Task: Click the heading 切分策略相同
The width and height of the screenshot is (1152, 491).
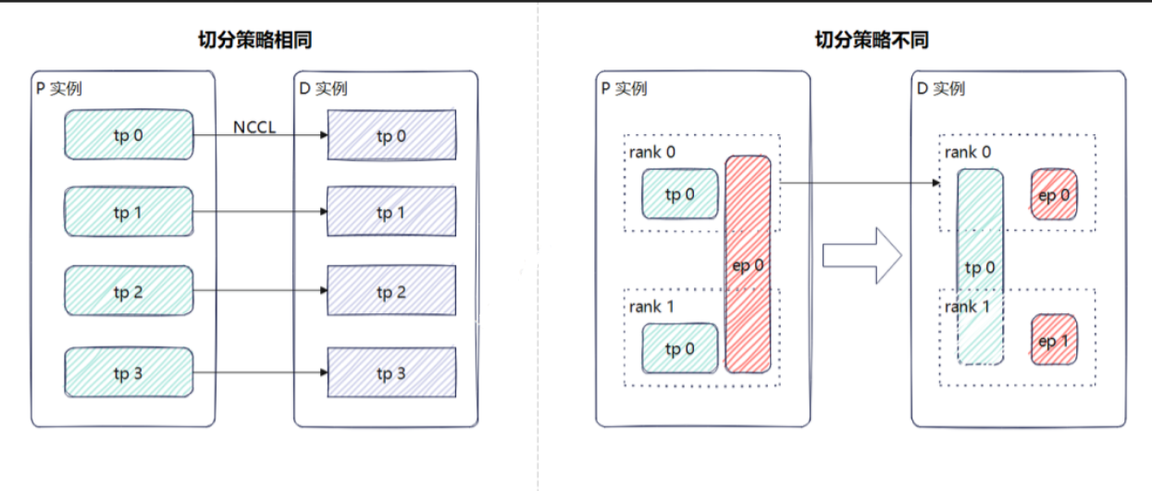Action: pyautogui.click(x=255, y=40)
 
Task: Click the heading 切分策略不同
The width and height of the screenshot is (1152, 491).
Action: pyautogui.click(x=873, y=40)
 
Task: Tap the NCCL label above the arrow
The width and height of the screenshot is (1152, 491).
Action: pyautogui.click(x=254, y=127)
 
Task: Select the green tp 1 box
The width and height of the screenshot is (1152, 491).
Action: pyautogui.click(x=130, y=211)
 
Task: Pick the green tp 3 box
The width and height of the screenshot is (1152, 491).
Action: pyautogui.click(x=130, y=372)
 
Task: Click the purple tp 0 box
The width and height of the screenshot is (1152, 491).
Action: pyautogui.click(x=392, y=135)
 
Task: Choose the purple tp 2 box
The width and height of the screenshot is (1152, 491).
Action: pyautogui.click(x=392, y=290)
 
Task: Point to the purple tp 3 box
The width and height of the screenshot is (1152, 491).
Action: pyautogui.click(x=392, y=372)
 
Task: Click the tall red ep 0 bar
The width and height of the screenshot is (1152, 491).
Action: pyautogui.click(x=748, y=264)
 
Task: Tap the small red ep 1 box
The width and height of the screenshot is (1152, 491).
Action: pyautogui.click(x=1054, y=340)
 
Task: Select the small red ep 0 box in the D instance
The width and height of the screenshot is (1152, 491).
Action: pyautogui.click(x=1054, y=195)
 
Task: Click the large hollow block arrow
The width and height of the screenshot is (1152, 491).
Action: pyautogui.click(x=862, y=256)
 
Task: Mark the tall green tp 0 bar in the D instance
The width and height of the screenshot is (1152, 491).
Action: pyautogui.click(x=980, y=267)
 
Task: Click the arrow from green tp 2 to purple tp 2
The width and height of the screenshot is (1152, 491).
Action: pyautogui.click(x=261, y=290)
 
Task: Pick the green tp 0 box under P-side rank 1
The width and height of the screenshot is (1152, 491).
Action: pyautogui.click(x=680, y=348)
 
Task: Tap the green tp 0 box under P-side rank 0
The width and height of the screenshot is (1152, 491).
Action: pyautogui.click(x=680, y=194)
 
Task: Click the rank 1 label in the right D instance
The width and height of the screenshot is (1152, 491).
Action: pyautogui.click(x=967, y=307)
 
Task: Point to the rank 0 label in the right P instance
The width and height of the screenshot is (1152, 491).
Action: pyautogui.click(x=652, y=152)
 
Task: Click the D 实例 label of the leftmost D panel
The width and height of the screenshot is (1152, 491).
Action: pyautogui.click(x=323, y=89)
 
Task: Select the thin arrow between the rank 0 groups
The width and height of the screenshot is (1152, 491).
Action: pyautogui.click(x=860, y=183)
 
